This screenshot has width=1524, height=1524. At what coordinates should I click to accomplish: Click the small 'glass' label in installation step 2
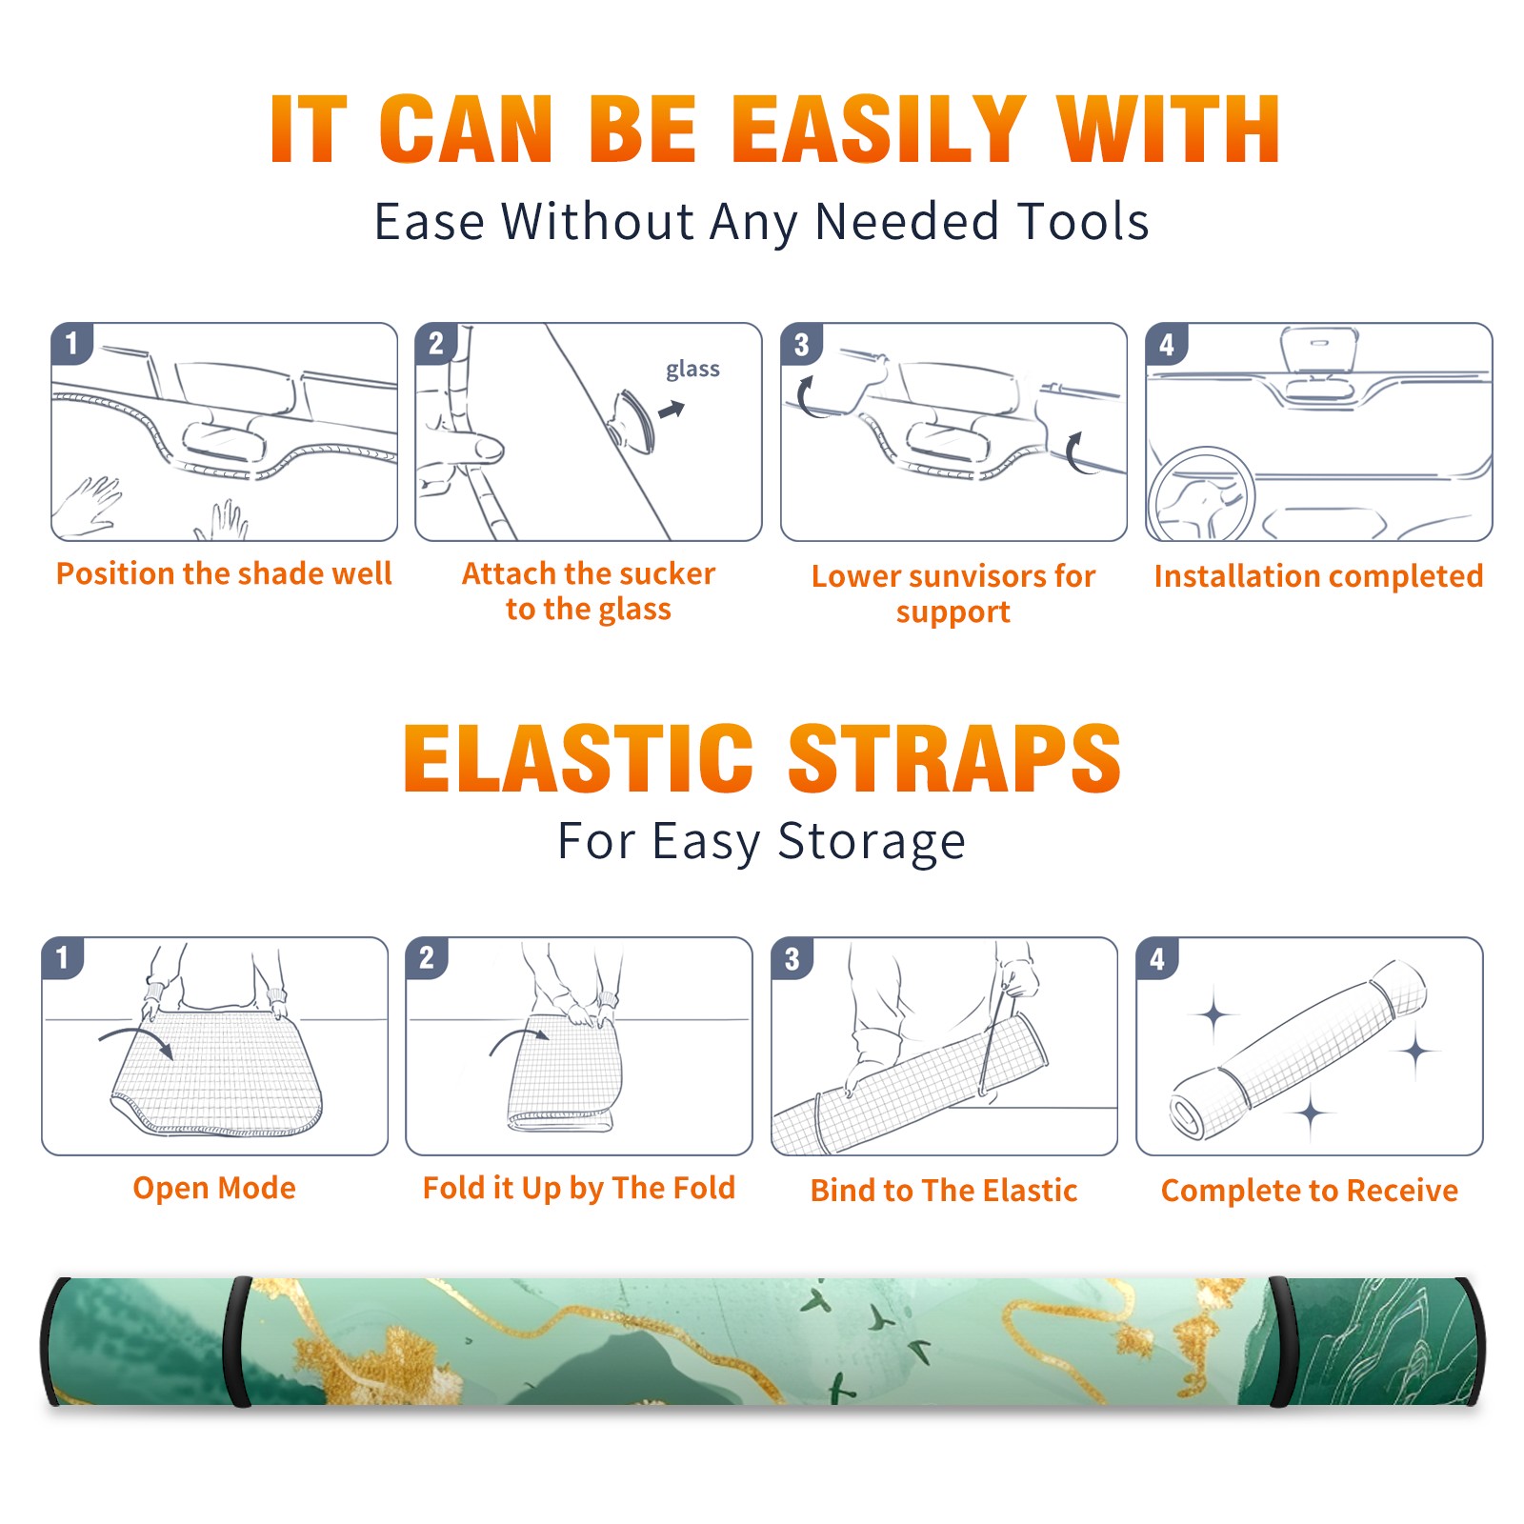point(692,370)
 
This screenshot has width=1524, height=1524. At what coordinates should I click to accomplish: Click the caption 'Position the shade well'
point(224,573)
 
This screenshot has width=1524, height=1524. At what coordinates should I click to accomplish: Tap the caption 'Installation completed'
point(1318,576)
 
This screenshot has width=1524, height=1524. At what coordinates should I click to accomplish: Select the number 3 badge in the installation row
point(801,344)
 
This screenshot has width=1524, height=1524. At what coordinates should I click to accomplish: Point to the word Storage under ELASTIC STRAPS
point(872,843)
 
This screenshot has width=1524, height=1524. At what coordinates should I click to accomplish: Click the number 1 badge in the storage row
point(63,957)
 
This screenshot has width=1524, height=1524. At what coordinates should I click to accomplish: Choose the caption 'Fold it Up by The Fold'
point(579,1189)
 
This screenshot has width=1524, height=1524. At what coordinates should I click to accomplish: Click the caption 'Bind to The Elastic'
point(944,1191)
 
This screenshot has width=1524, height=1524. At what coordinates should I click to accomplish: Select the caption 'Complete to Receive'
point(1310,1191)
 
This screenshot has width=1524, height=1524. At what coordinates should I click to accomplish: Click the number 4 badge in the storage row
point(1157,958)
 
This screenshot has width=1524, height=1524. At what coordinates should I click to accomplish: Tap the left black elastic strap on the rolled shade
point(238,1341)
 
